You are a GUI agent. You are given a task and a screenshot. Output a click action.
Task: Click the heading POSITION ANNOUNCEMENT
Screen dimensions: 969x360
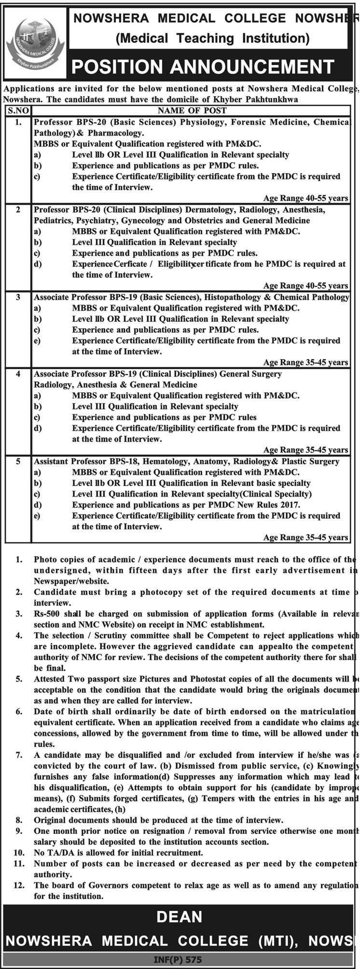(x=203, y=67)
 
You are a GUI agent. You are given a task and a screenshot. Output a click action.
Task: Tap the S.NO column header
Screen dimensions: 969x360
(x=18, y=111)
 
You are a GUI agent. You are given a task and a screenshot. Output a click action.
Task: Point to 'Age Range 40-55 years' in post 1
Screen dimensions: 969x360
(x=305, y=198)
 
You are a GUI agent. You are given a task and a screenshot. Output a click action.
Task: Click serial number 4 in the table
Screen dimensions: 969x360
(x=18, y=374)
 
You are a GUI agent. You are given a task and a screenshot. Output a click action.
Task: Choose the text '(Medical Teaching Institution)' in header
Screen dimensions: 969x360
(x=212, y=38)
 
